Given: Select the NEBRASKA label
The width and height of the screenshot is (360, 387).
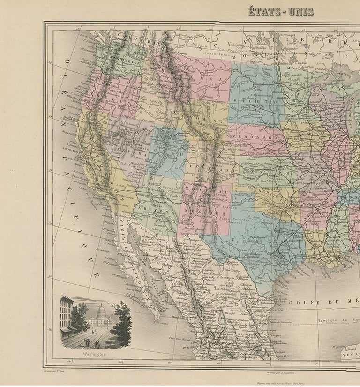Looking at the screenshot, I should click(x=253, y=132).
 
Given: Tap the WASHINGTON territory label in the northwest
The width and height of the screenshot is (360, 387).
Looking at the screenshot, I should click(x=124, y=62).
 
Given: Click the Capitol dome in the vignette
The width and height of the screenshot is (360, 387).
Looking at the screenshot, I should click(x=102, y=310).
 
